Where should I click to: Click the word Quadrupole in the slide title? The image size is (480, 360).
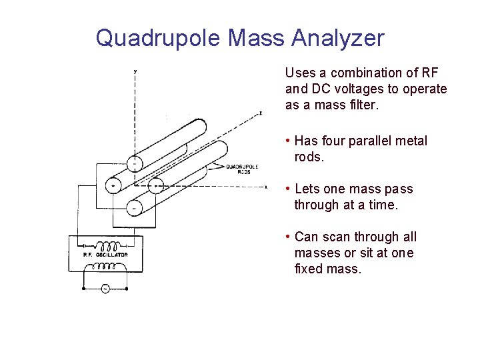[x=158, y=38]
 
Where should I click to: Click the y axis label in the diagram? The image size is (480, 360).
[x=136, y=70]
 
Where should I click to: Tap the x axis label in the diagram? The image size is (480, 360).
[x=266, y=187]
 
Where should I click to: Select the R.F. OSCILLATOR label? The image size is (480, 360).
[x=105, y=255]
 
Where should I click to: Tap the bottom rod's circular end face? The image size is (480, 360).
[x=134, y=207]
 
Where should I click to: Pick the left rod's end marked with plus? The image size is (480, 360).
[x=114, y=185]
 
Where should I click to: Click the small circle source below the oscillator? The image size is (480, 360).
[x=105, y=288]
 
